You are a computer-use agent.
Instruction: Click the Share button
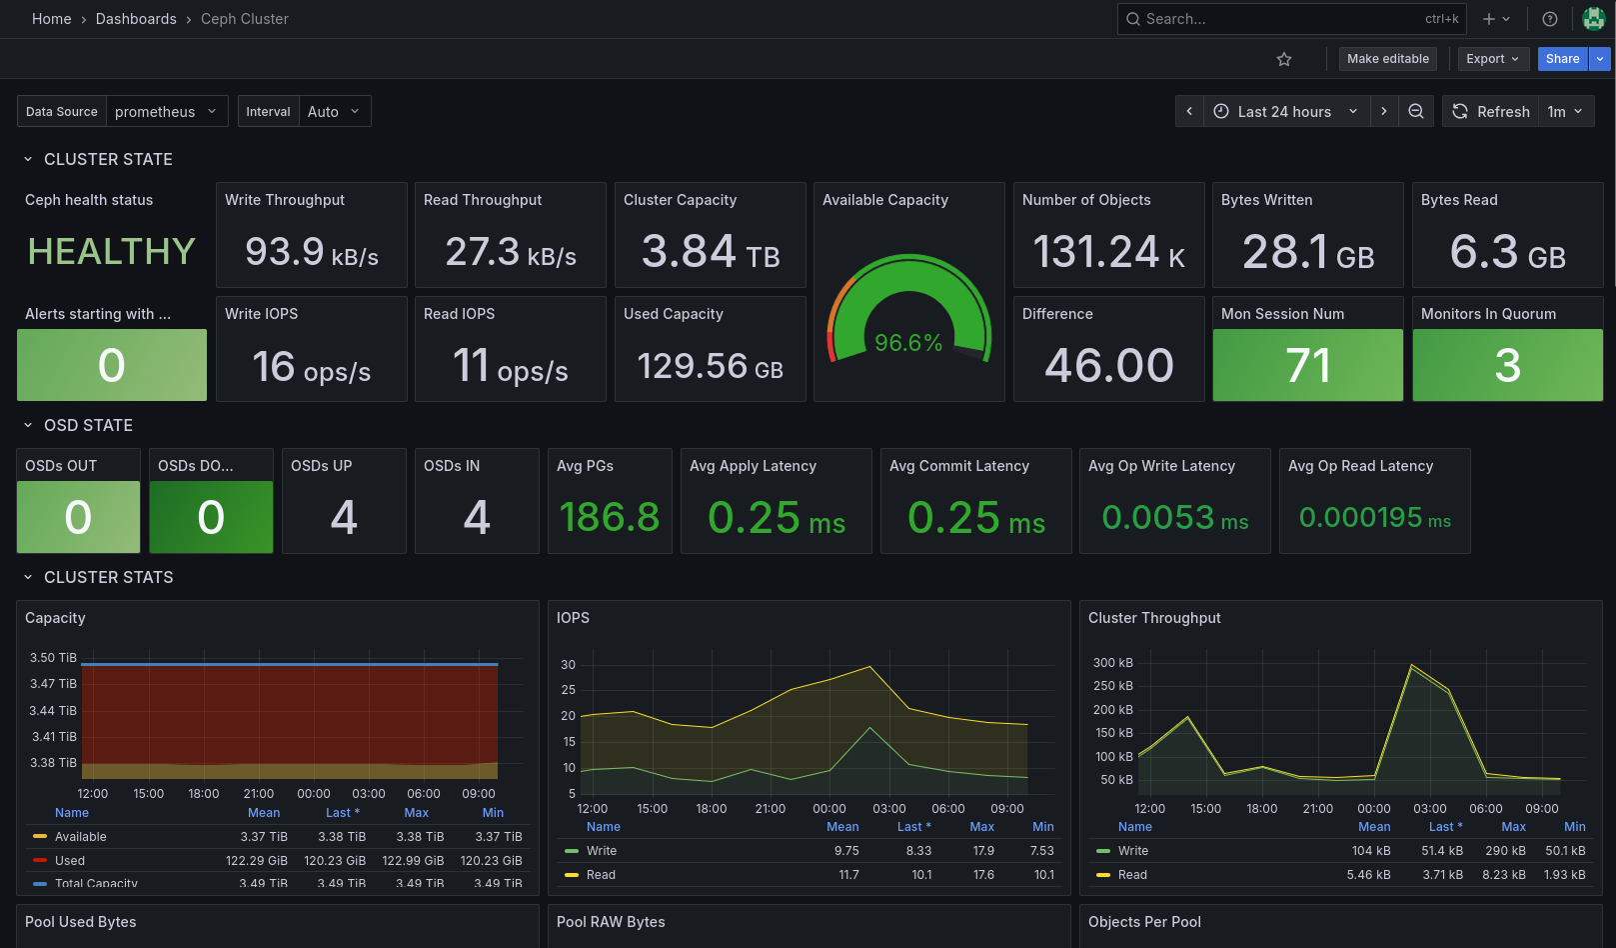coord(1562,59)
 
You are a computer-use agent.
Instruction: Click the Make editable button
coord(1387,59)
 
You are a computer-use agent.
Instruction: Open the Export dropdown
coord(1492,59)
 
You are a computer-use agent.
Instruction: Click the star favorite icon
coord(1284,60)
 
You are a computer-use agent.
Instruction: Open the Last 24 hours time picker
coord(1284,112)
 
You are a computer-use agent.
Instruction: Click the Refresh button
coord(1491,112)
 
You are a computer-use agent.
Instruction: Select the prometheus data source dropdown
coord(165,112)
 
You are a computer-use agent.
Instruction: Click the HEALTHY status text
coord(111,252)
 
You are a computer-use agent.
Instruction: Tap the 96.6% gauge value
coord(908,343)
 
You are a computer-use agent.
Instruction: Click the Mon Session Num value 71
coord(1307,366)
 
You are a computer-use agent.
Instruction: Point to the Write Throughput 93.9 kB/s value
coord(311,252)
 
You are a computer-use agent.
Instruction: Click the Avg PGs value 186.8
coord(610,518)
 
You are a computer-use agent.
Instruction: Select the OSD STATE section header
coord(88,426)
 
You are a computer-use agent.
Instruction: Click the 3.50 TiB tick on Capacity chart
coord(53,658)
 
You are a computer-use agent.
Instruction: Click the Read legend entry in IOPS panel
coord(601,875)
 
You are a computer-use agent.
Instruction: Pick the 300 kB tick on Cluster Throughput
coord(1112,663)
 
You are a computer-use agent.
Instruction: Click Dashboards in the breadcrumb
coord(136,19)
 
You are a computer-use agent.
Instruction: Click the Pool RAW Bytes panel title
coord(611,922)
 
